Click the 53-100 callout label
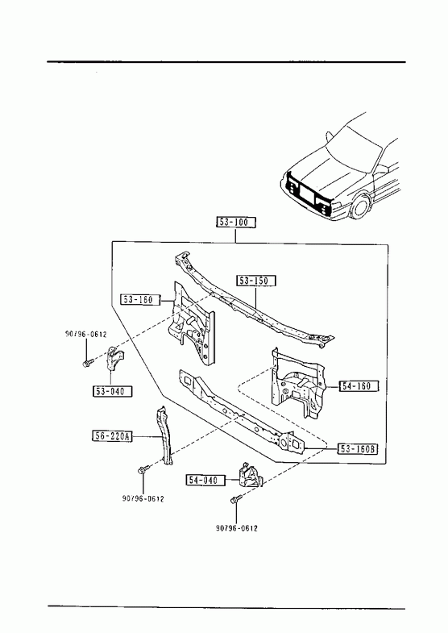tap(236, 223)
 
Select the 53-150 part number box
tap(256, 281)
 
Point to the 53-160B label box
tap(357, 449)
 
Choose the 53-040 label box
tap(113, 391)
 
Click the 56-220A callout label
tap(112, 436)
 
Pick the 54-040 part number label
tap(205, 480)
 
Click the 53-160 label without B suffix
tap(140, 299)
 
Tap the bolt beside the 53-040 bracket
tap(88, 363)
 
